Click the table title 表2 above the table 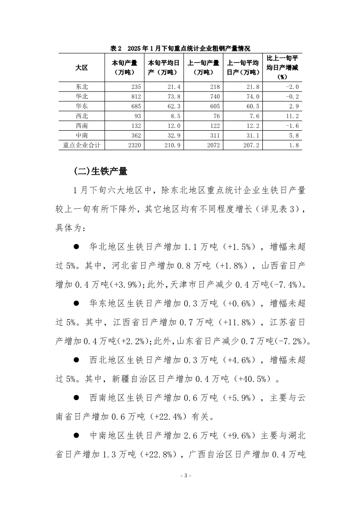coord(117,49)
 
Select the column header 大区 coord(82,67)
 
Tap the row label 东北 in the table coord(82,87)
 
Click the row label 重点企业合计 coord(82,146)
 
